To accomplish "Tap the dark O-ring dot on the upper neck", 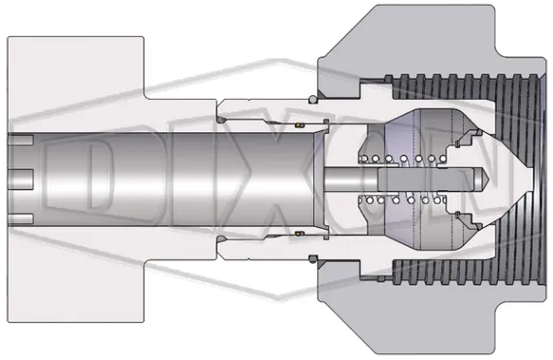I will tap(222, 119).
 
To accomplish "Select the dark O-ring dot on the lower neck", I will tap(222, 242).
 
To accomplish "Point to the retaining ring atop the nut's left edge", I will tap(314, 97).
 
